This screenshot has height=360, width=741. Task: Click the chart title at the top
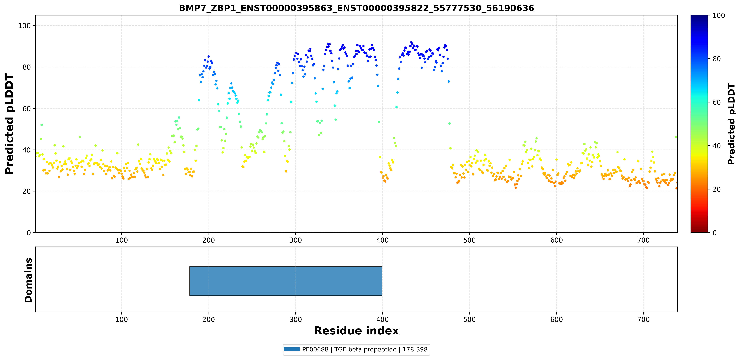[356, 8]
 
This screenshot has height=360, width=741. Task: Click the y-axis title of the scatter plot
[9, 124]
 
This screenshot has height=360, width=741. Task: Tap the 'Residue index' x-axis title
[356, 331]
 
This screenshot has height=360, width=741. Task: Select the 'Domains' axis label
[28, 280]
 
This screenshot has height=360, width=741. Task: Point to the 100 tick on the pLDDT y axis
[24, 26]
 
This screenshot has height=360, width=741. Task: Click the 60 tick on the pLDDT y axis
[27, 108]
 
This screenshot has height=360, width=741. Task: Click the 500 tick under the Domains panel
[470, 319]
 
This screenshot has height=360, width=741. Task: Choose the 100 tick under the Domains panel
[121, 319]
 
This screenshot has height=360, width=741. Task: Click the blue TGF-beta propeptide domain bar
[286, 281]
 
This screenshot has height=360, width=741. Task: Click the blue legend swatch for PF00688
[291, 349]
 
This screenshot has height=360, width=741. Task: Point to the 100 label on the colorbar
[719, 16]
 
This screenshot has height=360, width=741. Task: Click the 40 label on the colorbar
[717, 146]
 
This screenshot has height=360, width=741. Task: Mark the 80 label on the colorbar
[717, 59]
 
